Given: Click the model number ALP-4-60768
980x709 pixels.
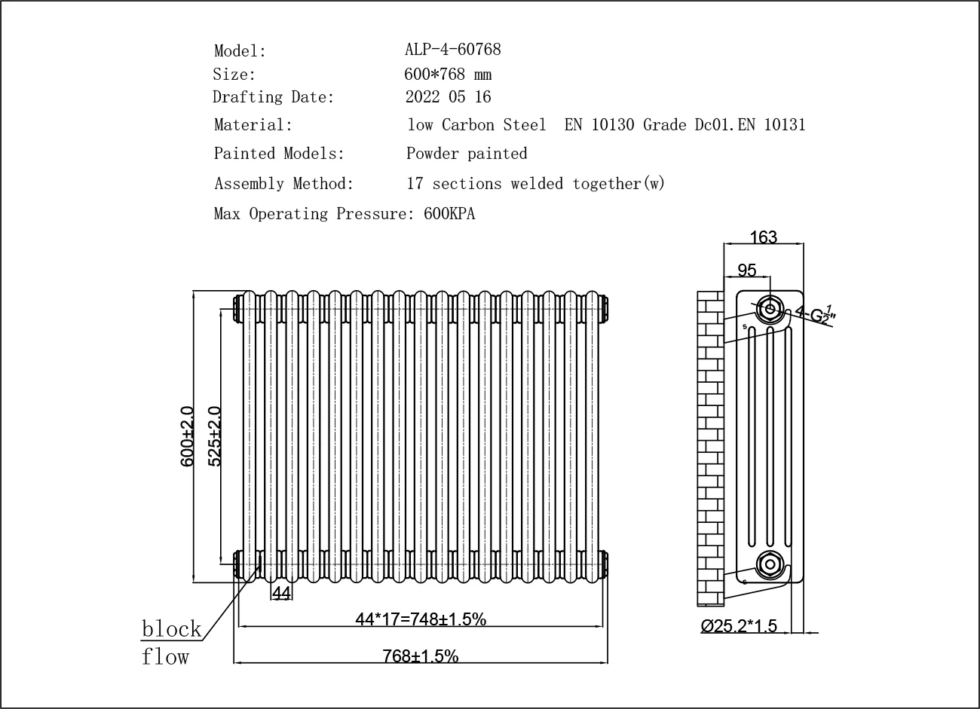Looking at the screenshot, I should [x=452, y=50].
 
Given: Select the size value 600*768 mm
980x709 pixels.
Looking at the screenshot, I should [x=448, y=74].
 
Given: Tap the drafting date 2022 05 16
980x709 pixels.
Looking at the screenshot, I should [x=448, y=96].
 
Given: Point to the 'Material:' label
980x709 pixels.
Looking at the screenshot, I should [x=253, y=125].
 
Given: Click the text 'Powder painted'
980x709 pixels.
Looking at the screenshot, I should [x=467, y=154].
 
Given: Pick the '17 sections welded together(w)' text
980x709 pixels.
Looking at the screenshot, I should [x=535, y=184].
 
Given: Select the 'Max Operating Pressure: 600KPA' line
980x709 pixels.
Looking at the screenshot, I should [x=345, y=214].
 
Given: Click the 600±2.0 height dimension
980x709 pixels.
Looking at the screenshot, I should [x=187, y=436].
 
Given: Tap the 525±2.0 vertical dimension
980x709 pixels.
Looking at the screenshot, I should [x=214, y=436].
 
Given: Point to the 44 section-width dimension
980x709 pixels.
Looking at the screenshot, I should [x=281, y=594].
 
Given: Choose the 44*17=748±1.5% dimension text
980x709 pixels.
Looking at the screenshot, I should [x=421, y=619].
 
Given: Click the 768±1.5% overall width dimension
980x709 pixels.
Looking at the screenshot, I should [x=421, y=656].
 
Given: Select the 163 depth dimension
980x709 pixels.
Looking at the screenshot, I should [x=763, y=237].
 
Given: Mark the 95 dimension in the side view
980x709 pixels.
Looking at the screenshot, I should [x=746, y=270].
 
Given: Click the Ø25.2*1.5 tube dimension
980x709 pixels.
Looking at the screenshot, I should [x=738, y=626].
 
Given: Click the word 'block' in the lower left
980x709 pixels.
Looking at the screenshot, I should [x=172, y=629].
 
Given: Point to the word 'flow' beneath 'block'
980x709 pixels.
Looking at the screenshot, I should [x=165, y=657].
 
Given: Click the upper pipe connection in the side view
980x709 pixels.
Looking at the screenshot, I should [x=770, y=308].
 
